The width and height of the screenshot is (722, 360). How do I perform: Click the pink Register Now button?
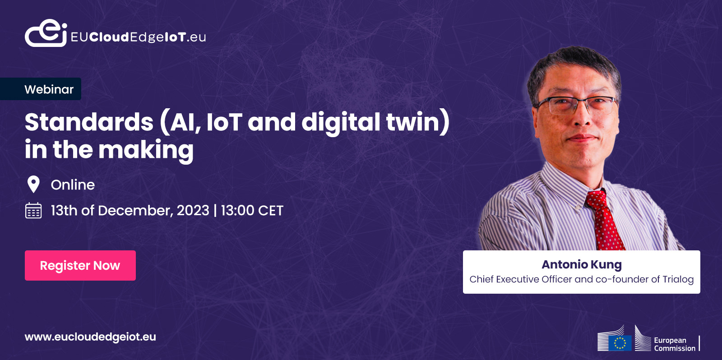80,265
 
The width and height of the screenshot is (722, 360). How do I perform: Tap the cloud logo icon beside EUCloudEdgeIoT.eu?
46,33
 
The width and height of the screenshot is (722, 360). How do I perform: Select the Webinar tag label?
49,89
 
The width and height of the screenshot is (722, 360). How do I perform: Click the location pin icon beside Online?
33,185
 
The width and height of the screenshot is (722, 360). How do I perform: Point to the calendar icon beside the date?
33,211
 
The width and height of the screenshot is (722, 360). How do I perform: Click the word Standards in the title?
89,122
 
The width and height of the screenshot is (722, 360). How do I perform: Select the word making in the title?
146,150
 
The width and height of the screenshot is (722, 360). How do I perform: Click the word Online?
73,185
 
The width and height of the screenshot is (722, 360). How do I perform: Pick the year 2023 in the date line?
193,211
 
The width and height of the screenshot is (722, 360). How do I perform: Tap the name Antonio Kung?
582,264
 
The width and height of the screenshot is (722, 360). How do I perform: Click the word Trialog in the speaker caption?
678,279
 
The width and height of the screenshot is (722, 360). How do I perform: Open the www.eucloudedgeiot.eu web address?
90,337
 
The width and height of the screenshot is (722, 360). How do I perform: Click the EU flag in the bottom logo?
620,343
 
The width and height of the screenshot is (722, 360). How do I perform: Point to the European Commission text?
675,344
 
